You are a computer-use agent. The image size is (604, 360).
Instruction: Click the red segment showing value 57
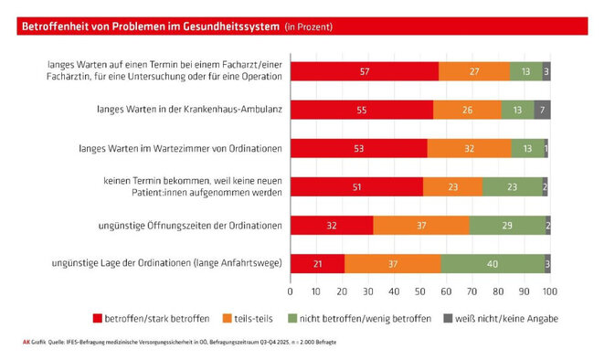364,71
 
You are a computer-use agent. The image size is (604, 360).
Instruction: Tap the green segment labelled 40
493,263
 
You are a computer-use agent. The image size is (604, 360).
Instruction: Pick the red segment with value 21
317,263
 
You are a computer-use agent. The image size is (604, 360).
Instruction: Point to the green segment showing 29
506,225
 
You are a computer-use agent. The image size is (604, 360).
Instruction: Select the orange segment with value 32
469,148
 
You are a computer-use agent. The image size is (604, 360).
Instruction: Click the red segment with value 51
356,186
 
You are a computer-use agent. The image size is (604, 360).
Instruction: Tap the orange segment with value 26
467,110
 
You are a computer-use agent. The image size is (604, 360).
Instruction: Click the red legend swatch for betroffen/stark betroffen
98,318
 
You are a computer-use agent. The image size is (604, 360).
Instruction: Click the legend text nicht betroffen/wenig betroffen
359,318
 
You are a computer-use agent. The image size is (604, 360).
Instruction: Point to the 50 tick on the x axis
420,292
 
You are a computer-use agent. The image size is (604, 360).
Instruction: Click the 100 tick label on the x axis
550,292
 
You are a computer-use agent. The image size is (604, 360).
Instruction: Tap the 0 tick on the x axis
290,292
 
